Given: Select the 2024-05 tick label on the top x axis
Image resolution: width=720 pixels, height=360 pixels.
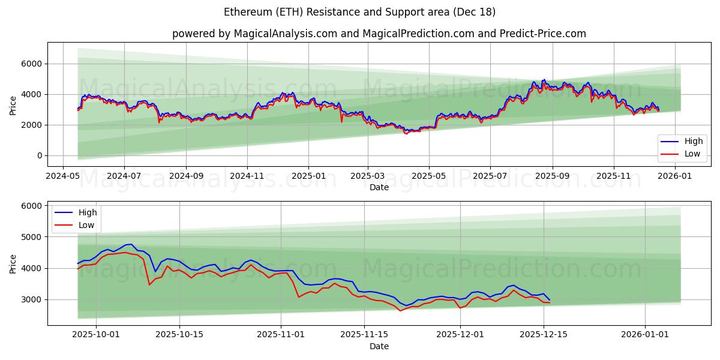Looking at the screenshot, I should [x=63, y=176].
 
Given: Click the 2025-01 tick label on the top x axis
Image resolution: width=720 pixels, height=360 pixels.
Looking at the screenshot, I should [x=308, y=176].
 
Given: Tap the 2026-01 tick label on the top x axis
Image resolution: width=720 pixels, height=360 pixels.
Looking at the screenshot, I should [x=676, y=176].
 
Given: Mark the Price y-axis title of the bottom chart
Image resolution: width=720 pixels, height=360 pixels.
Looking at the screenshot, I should [x=13, y=263].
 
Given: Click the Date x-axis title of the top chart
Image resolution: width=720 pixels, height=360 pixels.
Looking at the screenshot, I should [x=379, y=187].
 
